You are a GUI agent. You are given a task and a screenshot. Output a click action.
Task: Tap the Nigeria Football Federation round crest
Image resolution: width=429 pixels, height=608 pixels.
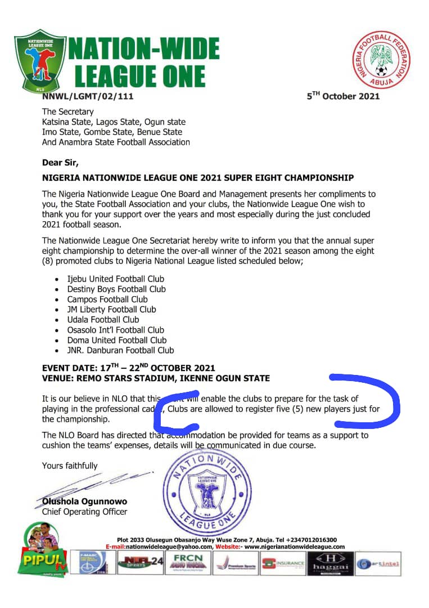pyautogui.click(x=382, y=60)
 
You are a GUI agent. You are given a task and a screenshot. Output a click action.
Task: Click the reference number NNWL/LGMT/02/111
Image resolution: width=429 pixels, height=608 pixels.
pyautogui.click(x=88, y=97)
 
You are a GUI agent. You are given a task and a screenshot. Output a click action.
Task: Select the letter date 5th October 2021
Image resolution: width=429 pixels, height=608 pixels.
pyautogui.click(x=343, y=96)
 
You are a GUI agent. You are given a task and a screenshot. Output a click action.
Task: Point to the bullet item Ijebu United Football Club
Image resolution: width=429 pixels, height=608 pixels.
pyautogui.click(x=116, y=279)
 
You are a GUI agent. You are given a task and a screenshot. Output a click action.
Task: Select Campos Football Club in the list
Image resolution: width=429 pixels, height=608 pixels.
pyautogui.click(x=107, y=299)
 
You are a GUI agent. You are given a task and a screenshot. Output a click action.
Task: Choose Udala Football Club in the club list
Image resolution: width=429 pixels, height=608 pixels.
pyautogui.click(x=103, y=319)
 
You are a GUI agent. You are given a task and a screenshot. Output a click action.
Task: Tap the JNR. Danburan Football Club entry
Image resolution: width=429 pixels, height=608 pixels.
pyautogui.click(x=121, y=350)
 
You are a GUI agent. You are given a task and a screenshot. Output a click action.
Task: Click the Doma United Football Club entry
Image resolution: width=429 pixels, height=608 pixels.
pyautogui.click(x=117, y=340)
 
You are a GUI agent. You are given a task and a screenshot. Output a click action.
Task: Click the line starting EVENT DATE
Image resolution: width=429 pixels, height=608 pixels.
pyautogui.click(x=128, y=368)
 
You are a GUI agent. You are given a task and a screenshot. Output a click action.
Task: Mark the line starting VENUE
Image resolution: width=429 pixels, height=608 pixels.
pyautogui.click(x=156, y=378)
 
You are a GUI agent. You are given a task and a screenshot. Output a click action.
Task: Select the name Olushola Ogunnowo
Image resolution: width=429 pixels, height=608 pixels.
pyautogui.click(x=84, y=502)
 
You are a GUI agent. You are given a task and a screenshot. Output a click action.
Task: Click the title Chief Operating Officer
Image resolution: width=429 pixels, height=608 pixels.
pyautogui.click(x=84, y=512)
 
